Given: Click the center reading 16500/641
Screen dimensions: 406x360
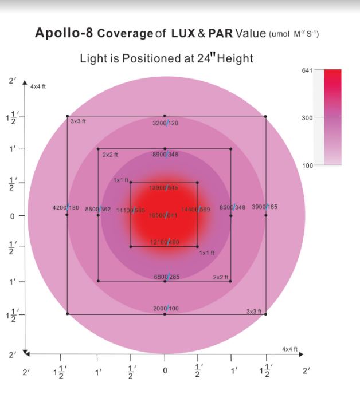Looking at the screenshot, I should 163,215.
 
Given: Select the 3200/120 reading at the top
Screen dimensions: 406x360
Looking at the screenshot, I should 165,123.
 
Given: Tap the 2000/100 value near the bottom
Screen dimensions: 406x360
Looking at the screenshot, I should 166,308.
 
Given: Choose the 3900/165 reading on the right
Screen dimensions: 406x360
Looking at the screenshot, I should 264,207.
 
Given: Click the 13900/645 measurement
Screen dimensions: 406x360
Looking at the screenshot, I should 163,188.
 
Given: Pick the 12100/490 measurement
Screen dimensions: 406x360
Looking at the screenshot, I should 165,242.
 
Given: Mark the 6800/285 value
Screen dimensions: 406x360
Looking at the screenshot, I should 166,277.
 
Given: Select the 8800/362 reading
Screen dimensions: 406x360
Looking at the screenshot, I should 98,210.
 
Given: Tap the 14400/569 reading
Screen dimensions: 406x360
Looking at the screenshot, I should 195,210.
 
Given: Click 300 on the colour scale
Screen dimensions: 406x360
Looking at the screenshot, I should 307,117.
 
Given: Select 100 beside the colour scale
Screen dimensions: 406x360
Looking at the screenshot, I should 307,165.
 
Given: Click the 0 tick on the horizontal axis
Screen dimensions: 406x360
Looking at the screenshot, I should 165,371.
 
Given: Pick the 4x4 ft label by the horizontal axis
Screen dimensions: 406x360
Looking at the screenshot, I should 289,349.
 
